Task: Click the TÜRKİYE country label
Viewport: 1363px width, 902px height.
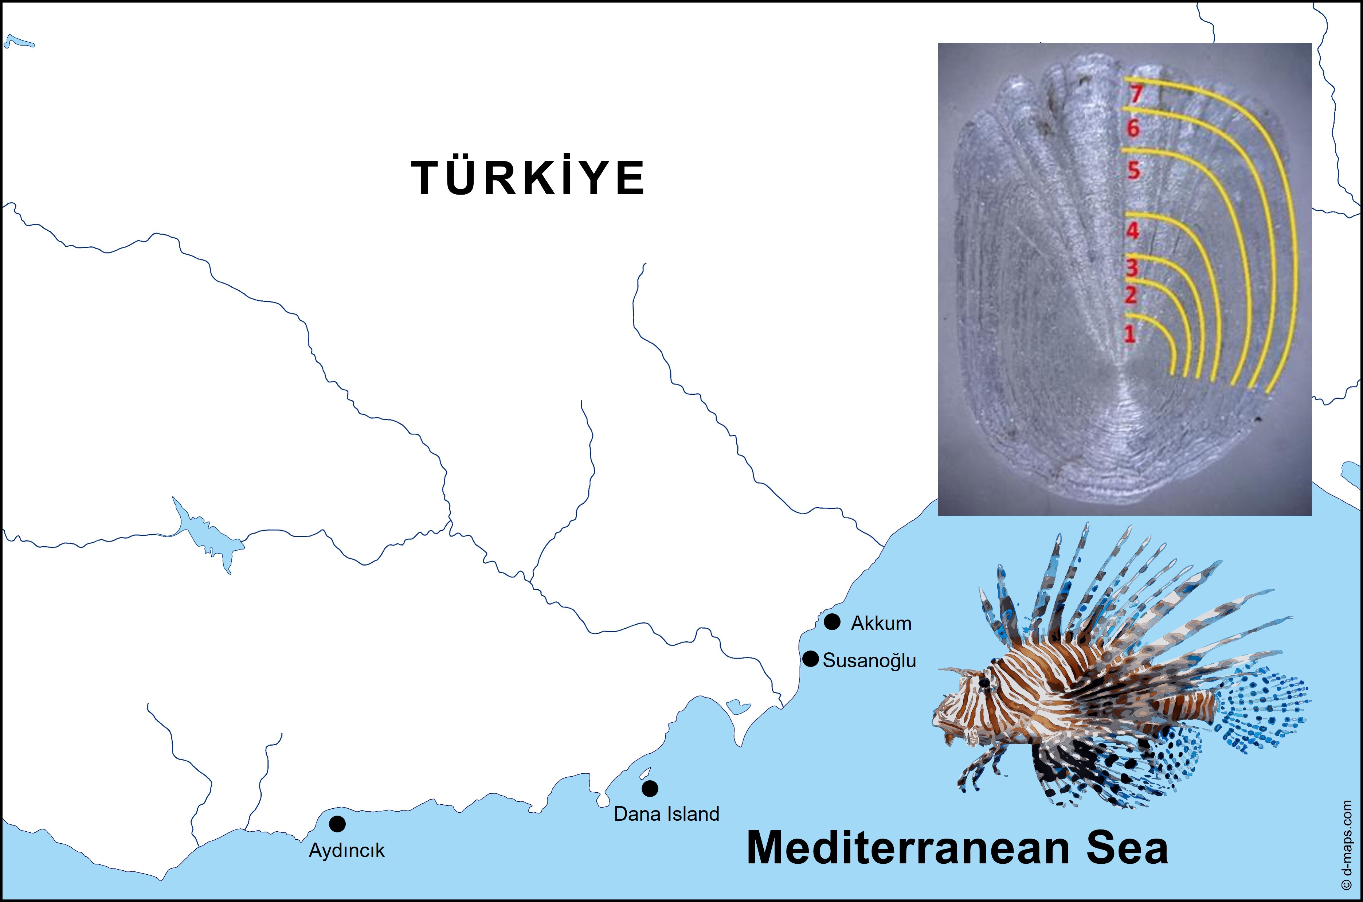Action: click(x=528, y=178)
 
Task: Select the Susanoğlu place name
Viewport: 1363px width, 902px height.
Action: click(x=869, y=660)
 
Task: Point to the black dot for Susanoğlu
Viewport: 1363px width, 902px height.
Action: click(x=810, y=659)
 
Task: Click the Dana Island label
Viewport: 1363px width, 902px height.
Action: click(x=666, y=814)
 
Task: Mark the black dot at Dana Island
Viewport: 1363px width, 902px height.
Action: click(x=650, y=788)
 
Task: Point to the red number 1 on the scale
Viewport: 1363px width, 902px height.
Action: click(x=1129, y=333)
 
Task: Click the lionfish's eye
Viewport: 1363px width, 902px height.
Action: click(x=984, y=683)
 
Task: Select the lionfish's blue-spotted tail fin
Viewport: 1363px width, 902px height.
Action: click(x=1265, y=710)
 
